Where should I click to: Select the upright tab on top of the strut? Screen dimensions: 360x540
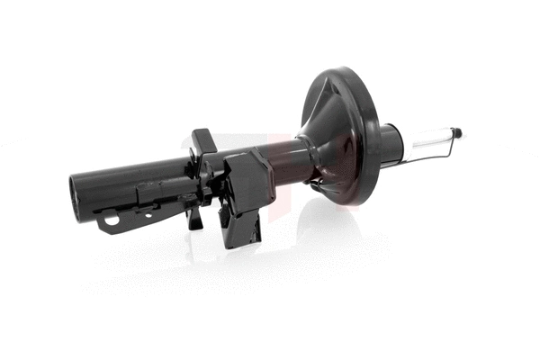pyautogui.click(x=202, y=144)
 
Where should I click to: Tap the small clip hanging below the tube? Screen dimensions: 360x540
pyautogui.click(x=194, y=216)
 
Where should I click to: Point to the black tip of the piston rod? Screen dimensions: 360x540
pyautogui.click(x=457, y=132)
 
